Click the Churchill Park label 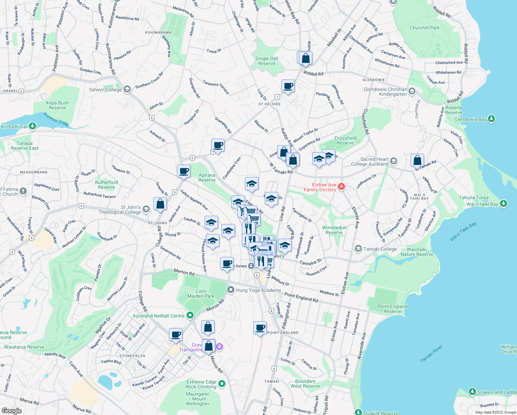425,28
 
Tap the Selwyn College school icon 127,90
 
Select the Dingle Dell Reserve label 267,61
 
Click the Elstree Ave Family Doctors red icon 341,187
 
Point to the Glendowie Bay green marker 491,119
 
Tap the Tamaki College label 380,249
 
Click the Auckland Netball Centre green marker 190,315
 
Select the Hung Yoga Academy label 258,290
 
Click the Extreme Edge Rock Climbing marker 222,384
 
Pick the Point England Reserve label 393,309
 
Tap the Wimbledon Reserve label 334,230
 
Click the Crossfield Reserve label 345,140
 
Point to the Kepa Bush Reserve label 57,105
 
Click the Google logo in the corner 11,411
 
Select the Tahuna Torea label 474,198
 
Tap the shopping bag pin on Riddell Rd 305,58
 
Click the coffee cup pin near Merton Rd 227,264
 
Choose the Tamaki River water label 431,353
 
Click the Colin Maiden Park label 201,294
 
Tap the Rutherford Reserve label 106,185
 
